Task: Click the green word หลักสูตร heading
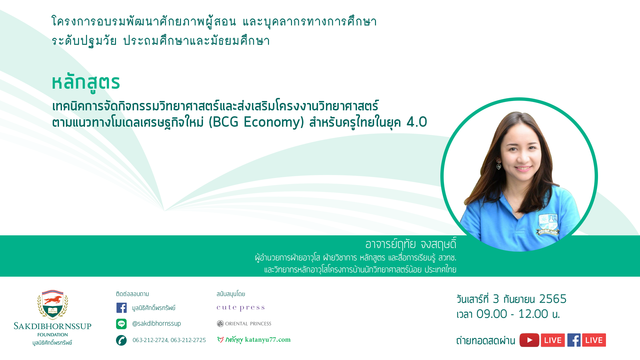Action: [x=86, y=82]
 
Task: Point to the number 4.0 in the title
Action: [x=417, y=122]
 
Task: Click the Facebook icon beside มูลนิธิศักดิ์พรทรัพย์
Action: [x=121, y=308]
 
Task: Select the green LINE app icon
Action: [x=121, y=324]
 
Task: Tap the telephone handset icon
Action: [x=121, y=340]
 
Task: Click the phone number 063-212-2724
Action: [x=150, y=340]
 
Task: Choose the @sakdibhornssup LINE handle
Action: [x=156, y=323]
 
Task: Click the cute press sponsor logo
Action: [x=241, y=308]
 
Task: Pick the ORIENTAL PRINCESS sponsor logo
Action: [x=244, y=324]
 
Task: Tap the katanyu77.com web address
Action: [x=268, y=340]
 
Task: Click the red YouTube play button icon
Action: [x=529, y=340]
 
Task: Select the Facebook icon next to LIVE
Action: [x=574, y=340]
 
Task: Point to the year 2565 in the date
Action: [x=553, y=299]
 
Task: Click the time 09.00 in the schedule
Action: [x=492, y=314]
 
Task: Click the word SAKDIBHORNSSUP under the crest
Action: [x=53, y=326]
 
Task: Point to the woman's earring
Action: [x=499, y=165]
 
